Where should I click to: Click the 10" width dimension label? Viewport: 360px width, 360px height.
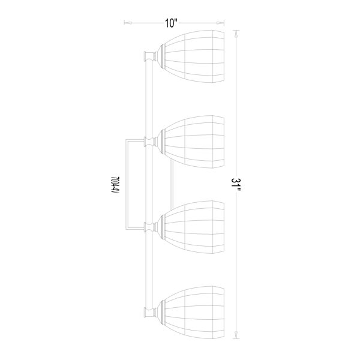click(x=171, y=23)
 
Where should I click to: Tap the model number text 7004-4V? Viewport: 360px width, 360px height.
click(x=115, y=185)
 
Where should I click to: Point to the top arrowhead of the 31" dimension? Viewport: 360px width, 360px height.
click(x=236, y=34)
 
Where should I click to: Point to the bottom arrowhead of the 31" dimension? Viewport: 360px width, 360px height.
click(x=236, y=334)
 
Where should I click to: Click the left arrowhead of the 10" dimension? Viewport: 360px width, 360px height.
click(x=128, y=23)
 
